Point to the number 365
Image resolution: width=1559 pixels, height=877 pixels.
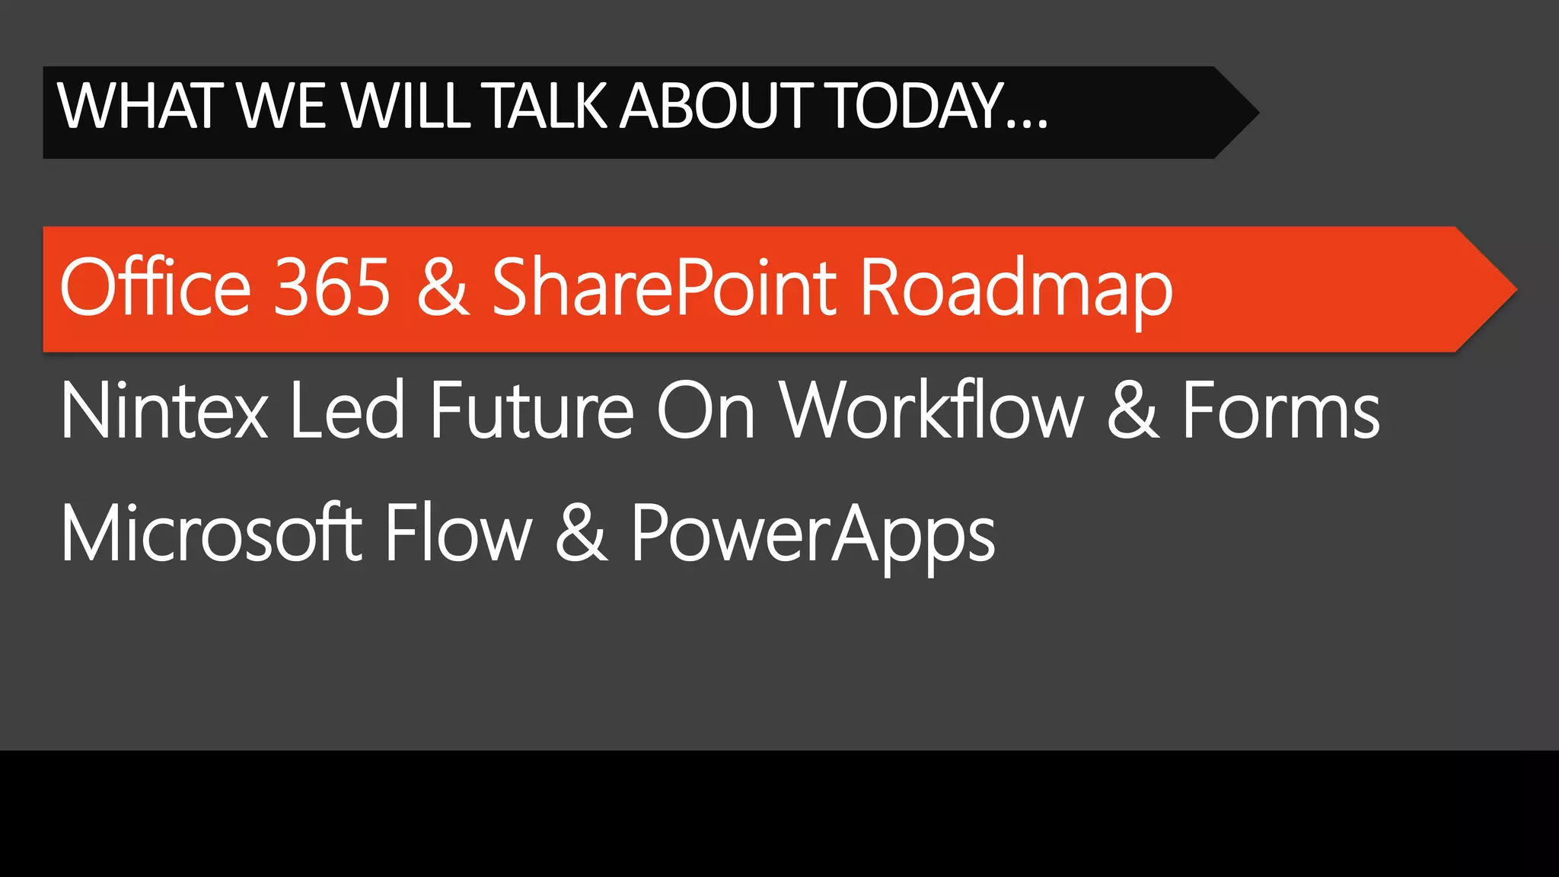[x=332, y=287]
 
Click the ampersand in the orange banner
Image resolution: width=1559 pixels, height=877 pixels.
[x=443, y=287]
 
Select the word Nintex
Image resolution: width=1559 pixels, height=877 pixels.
[x=164, y=411]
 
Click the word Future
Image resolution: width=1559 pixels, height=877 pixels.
[x=531, y=411]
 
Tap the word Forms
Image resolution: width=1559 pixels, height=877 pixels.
[x=1280, y=411]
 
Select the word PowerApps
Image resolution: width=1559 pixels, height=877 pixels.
[x=813, y=537]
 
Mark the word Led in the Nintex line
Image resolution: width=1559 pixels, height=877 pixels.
[x=347, y=411]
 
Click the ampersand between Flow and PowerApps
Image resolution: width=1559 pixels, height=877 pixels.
[x=582, y=533]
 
